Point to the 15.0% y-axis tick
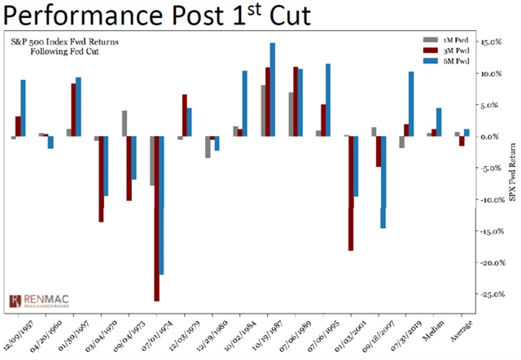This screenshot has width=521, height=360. pyautogui.click(x=490, y=42)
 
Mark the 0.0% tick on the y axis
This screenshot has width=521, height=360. pyautogui.click(x=492, y=136)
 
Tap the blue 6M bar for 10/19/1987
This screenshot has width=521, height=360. pyautogui.click(x=273, y=90)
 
